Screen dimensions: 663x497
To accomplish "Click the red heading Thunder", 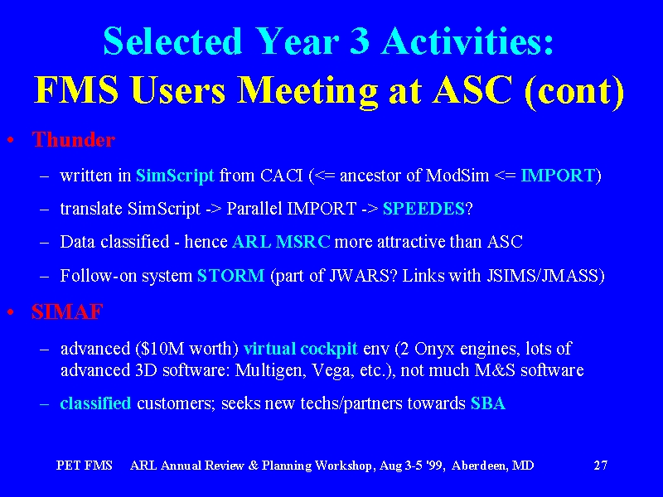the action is (74, 140).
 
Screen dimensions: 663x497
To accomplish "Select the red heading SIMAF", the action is (67, 312).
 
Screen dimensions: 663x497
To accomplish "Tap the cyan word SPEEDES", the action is (423, 209).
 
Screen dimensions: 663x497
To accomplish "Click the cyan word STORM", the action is (231, 276).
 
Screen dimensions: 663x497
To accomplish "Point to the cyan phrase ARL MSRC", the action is (281, 242).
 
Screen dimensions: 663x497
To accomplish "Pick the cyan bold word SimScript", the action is (175, 176).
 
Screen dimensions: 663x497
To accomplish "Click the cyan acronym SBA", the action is (488, 403).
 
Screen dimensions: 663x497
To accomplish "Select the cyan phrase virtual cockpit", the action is (301, 349).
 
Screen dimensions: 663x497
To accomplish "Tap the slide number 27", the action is (600, 466).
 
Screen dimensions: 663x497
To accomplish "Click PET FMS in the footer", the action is (85, 466).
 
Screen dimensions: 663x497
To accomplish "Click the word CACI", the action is (282, 175).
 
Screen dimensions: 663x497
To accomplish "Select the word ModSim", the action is (457, 175).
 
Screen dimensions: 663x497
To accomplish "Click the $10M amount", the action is (162, 349).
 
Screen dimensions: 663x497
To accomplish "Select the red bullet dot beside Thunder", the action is (11, 140).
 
